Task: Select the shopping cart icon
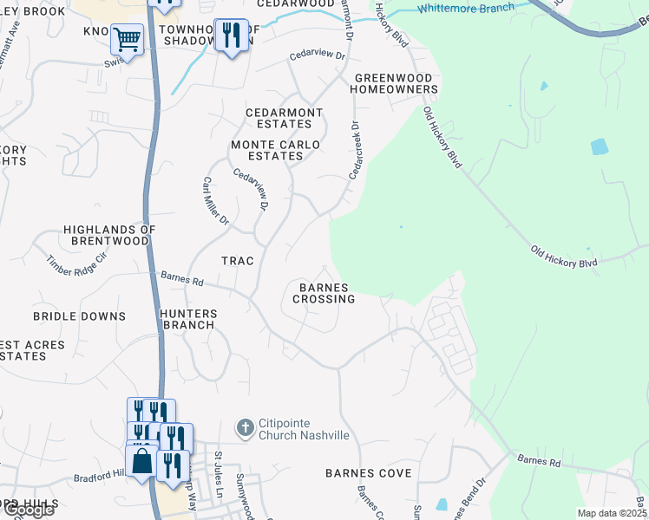127,39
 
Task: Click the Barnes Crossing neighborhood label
324,293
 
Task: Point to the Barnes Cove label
368,473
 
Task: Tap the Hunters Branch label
188,319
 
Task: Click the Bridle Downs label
79,316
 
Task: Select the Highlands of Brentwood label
109,235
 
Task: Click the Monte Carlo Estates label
275,150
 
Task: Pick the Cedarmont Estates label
285,118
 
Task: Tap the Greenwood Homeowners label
394,82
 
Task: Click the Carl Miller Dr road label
215,202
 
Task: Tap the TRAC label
237,260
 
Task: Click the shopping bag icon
142,462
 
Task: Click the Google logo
28,510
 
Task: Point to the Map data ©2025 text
612,513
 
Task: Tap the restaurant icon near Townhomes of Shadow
230,36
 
